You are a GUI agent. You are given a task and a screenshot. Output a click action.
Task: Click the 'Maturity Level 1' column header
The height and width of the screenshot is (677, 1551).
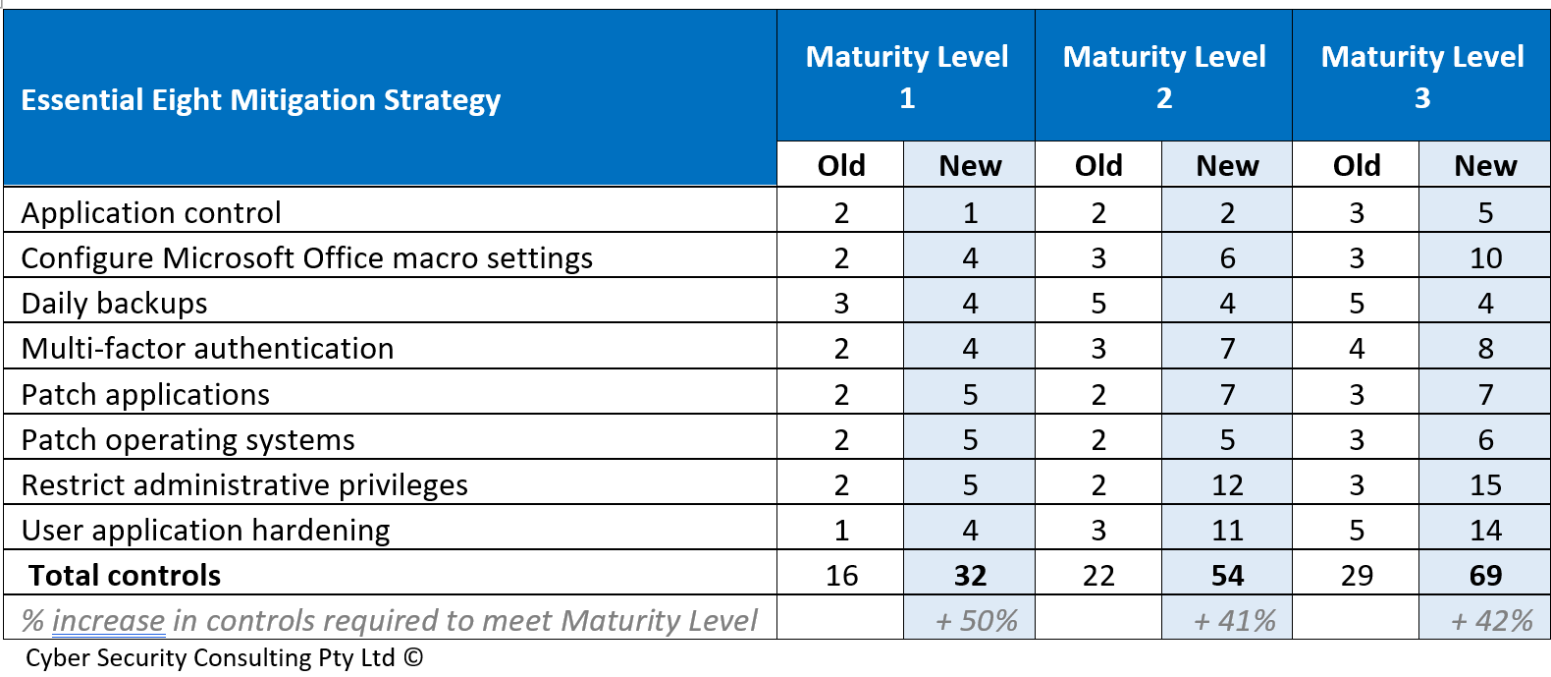[906, 77]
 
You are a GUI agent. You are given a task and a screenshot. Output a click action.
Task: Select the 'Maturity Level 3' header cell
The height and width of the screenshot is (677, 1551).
[1421, 77]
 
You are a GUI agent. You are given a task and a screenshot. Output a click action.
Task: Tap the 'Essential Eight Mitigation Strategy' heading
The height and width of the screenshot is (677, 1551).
[261, 100]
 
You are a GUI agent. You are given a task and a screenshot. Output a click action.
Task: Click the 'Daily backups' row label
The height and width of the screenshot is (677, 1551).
[114, 304]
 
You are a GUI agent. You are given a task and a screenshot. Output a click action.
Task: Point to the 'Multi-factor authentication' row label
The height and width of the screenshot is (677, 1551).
[207, 349]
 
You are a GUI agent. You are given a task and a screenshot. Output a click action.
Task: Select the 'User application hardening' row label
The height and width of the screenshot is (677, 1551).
[205, 531]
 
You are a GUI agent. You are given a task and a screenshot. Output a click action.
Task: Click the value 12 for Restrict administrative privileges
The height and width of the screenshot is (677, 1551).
[1227, 485]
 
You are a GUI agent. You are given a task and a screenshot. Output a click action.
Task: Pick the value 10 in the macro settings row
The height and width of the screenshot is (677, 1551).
[1485, 258]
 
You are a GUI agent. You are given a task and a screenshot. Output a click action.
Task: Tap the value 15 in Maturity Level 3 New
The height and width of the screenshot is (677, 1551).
[1485, 485]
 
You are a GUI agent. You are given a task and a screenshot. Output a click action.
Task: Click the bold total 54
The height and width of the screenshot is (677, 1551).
[1227, 576]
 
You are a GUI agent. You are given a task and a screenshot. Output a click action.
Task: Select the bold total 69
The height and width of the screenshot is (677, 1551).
[1485, 576]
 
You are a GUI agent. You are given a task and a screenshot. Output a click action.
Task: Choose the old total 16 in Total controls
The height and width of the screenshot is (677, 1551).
[841, 576]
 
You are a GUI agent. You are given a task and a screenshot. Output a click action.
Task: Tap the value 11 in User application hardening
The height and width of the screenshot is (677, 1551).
[1227, 531]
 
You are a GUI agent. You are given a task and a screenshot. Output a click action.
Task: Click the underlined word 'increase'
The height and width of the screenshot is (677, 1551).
[108, 621]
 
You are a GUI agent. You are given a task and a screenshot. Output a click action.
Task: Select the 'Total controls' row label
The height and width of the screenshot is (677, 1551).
[125, 576]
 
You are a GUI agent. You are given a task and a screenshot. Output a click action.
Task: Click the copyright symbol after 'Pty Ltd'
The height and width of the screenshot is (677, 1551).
[413, 657]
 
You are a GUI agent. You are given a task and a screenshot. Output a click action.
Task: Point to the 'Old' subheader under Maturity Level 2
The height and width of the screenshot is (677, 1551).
[1098, 166]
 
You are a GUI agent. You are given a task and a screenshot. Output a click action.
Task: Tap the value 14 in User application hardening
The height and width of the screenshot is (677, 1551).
[1485, 531]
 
